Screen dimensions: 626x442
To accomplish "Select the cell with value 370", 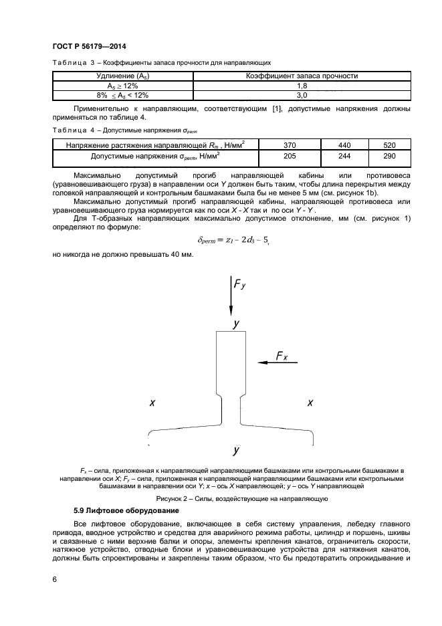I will pos(289,144).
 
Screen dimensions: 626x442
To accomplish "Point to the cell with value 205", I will pos(289,155).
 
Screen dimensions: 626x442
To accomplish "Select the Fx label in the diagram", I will pos(282,357).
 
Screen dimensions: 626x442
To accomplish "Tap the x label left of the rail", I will pos(152,403).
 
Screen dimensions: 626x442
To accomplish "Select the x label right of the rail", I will pos(310,403).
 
